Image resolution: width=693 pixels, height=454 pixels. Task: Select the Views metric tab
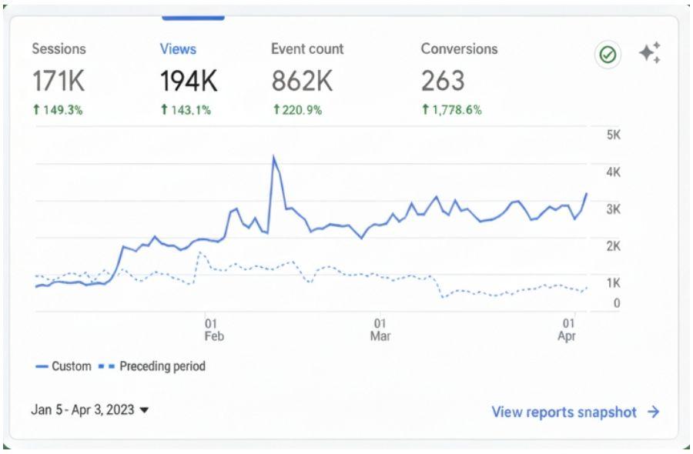pos(178,48)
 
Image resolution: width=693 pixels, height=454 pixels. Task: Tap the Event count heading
pos(307,48)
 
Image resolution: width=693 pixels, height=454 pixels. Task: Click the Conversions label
pos(459,48)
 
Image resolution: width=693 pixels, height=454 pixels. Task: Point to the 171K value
pos(58,80)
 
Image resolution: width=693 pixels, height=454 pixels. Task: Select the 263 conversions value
pos(443,80)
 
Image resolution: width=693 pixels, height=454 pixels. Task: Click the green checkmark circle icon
pos(608,55)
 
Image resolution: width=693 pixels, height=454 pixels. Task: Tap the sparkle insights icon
pos(649,53)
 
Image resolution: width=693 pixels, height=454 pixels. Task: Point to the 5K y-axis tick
pos(614,135)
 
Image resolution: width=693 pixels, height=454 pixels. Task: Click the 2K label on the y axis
pos(614,246)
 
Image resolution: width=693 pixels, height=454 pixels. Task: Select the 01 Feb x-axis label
pos(214,330)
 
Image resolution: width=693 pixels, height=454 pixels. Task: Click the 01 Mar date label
pos(380,330)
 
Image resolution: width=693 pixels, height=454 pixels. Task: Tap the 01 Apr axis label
pos(567,330)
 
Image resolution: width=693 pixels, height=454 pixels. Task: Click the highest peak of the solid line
pos(274,157)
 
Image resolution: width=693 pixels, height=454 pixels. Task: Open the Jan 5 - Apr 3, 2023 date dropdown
pos(89,410)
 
